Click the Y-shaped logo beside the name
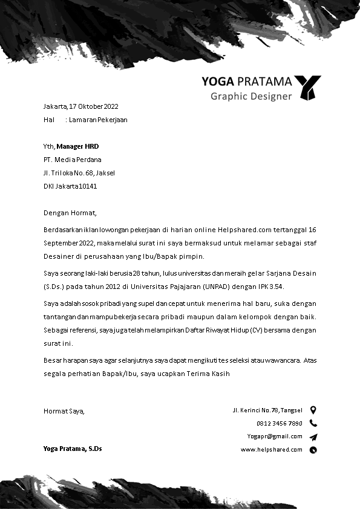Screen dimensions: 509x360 click(308, 87)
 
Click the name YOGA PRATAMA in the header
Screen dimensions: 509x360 click(246, 82)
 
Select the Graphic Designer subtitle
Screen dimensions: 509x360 click(251, 96)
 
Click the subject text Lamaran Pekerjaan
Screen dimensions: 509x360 click(98, 120)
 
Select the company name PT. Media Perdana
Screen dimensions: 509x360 click(73, 160)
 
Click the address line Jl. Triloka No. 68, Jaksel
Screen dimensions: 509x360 click(79, 173)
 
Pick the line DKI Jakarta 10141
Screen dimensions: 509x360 click(70, 186)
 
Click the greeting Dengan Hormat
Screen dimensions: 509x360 click(70, 213)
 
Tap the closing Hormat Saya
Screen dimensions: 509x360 click(64, 411)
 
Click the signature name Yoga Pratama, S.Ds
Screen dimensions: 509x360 click(73, 449)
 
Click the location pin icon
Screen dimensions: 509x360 click(313, 410)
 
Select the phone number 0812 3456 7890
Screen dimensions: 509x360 click(280, 423)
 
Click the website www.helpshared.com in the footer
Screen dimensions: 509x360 click(272, 449)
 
